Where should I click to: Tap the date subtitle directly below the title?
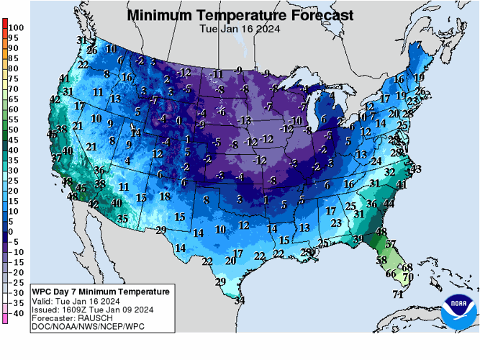click(240, 29)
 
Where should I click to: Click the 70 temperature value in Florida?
click(407, 276)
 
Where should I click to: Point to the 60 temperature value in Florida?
click(391, 274)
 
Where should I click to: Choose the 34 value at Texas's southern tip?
click(239, 300)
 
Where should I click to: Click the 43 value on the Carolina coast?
click(416, 168)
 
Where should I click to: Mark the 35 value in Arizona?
click(123, 218)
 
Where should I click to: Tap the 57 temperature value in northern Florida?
click(391, 244)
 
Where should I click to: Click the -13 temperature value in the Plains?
click(245, 120)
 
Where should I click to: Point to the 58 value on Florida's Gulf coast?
click(381, 259)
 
